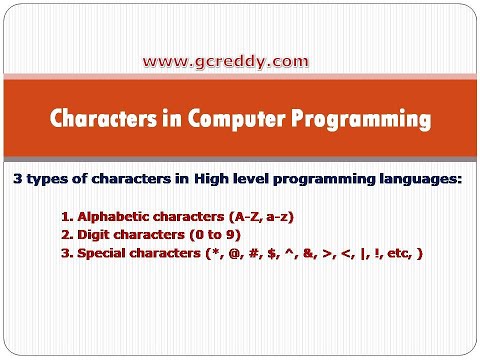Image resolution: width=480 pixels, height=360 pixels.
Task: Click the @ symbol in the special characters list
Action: click(x=254, y=254)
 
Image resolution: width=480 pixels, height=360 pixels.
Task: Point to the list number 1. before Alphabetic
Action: click(x=66, y=216)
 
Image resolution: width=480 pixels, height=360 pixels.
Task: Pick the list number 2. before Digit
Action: click(x=66, y=235)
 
